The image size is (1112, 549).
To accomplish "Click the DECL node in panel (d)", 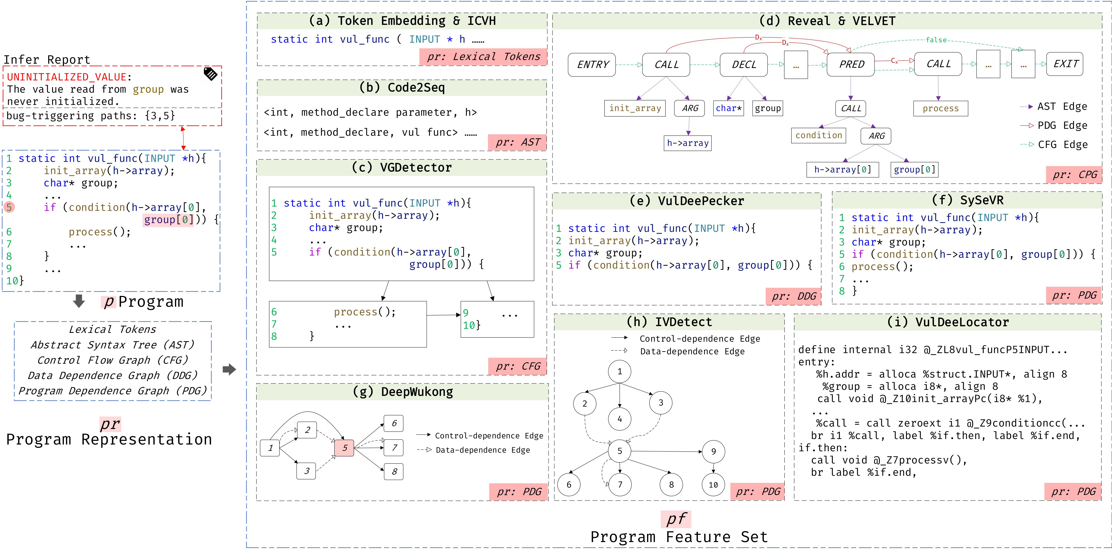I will point(743,65).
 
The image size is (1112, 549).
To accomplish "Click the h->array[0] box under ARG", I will point(842,170).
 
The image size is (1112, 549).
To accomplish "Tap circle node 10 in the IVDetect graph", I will point(713,485).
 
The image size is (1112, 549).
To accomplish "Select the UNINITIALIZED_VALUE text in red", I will point(67,77).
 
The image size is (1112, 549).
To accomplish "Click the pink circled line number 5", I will point(9,207).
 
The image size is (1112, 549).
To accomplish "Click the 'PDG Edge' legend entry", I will point(1062,126).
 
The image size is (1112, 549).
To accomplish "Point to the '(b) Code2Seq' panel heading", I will point(401,88).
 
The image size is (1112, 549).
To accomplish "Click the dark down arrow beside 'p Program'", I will point(79,301).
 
